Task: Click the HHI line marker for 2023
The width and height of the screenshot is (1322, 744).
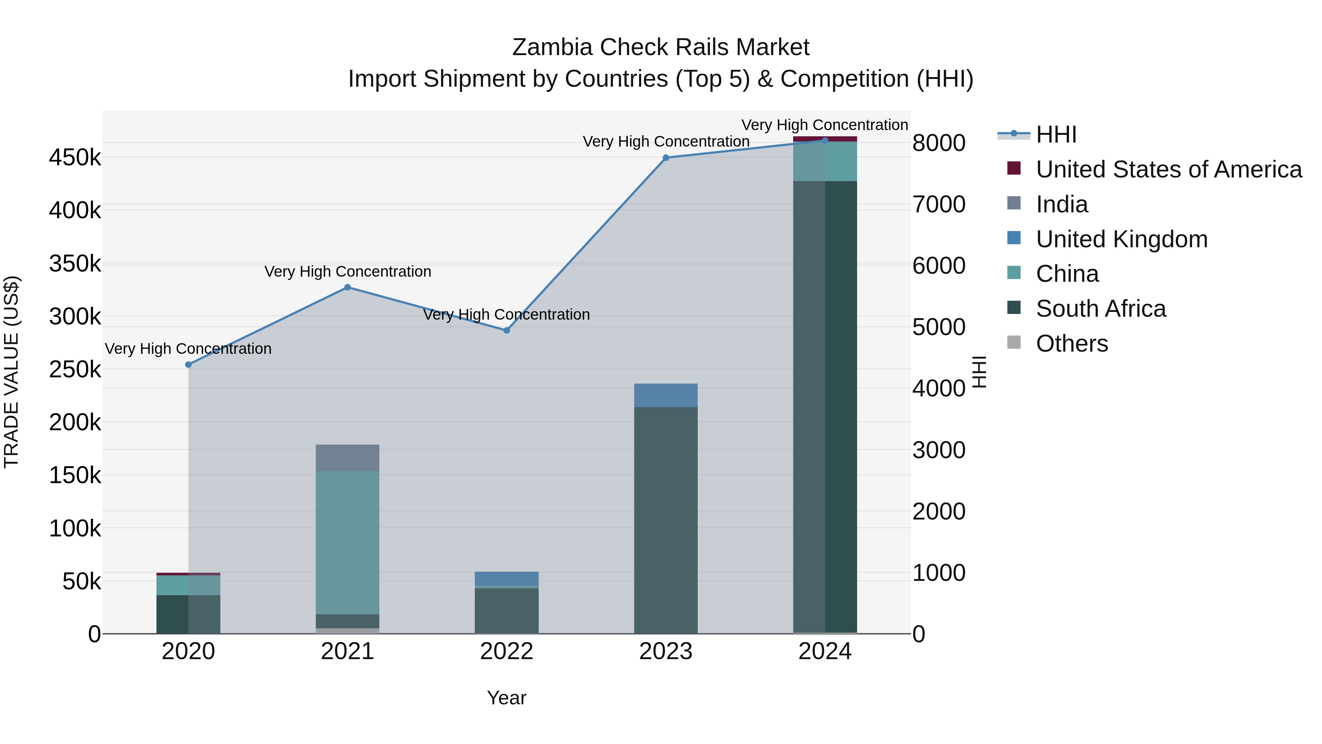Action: point(666,158)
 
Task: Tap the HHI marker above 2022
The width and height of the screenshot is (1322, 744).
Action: point(506,330)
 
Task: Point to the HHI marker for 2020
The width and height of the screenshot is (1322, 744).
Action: point(188,364)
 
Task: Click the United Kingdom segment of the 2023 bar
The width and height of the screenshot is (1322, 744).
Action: point(666,395)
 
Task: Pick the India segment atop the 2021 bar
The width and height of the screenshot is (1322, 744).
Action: point(347,457)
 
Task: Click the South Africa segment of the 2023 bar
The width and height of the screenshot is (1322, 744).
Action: point(666,520)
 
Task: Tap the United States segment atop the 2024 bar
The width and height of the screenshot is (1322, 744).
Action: point(825,139)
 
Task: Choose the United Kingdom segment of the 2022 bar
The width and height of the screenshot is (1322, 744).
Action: point(506,578)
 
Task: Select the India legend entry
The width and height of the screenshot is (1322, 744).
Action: point(1061,204)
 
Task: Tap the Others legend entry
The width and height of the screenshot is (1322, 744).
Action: point(1072,344)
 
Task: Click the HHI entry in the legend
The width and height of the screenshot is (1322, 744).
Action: point(1056,134)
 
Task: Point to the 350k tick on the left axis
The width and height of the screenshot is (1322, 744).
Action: point(75,264)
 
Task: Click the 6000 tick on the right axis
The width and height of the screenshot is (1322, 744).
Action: point(939,266)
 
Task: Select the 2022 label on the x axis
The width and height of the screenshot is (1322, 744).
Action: point(506,651)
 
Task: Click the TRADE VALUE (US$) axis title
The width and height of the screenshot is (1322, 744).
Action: point(11,372)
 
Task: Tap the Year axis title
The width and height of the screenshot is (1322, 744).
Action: point(506,698)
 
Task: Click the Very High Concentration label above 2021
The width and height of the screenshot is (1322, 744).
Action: point(347,271)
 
